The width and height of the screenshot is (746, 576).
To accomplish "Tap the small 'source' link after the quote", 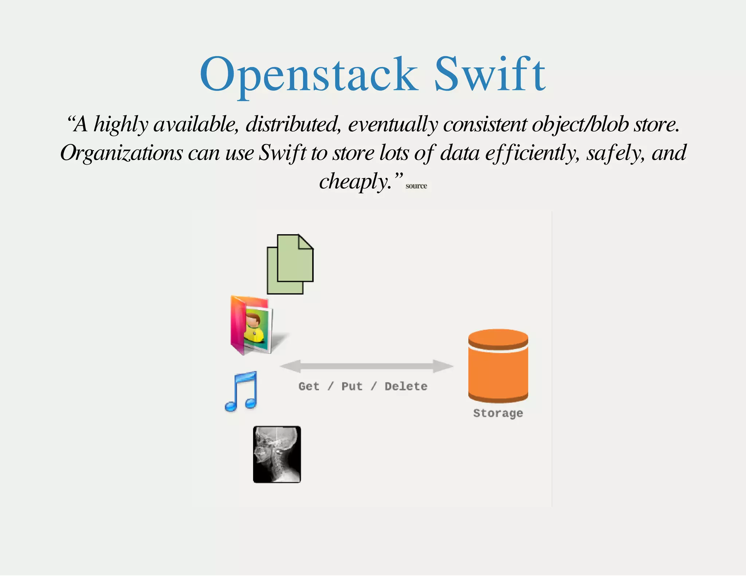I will point(416,186).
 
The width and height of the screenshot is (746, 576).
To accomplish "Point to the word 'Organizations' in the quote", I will point(121,153).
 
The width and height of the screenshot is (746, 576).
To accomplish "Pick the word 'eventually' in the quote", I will point(393,125).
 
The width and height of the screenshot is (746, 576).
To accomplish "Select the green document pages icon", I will point(290,264).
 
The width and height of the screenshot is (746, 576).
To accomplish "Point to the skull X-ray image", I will point(277,454).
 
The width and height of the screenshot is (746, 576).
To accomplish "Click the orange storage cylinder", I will point(498,366).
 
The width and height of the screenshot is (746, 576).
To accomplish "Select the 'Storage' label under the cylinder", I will point(498,413).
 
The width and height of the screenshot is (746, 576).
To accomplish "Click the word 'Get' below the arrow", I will point(309,386).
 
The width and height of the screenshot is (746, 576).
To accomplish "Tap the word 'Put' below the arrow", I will point(352,386).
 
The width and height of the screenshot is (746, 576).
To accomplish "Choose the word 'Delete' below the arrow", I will point(406,386).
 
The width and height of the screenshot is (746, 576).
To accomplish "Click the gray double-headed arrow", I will point(366,366).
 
